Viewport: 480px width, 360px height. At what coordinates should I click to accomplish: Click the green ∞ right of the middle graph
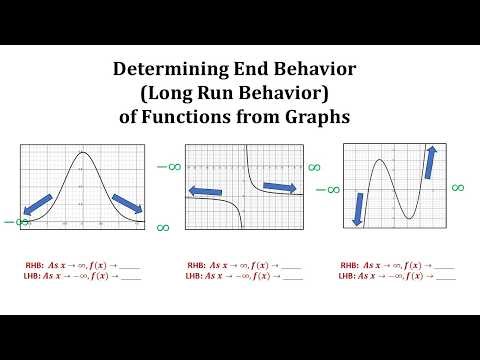(x=313, y=167)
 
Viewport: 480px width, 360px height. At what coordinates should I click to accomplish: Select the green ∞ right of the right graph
(x=458, y=187)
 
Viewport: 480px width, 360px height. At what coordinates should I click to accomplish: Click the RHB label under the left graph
(x=34, y=265)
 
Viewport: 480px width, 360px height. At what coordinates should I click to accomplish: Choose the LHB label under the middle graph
(x=195, y=275)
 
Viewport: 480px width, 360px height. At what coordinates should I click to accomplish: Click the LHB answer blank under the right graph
(x=444, y=275)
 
